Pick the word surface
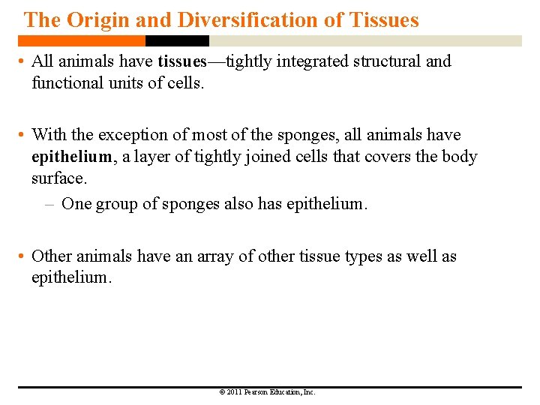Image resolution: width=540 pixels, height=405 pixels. point(59,179)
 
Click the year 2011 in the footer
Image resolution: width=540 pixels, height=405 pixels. point(233,392)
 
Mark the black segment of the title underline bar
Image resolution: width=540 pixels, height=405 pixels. point(177,41)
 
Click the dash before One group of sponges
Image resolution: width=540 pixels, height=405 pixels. point(50,204)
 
